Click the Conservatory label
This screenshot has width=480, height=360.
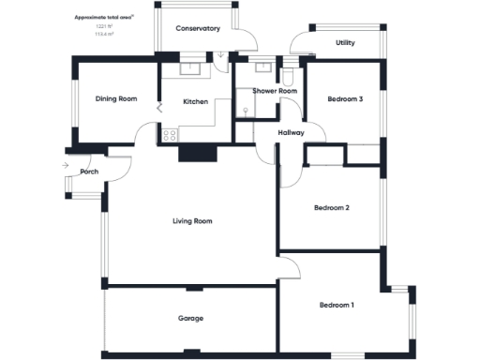click(x=198, y=29)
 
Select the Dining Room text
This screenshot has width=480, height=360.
click(x=116, y=98)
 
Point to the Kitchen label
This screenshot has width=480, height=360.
click(x=195, y=101)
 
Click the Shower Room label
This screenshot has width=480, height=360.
click(x=275, y=91)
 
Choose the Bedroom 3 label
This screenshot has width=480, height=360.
click(x=345, y=99)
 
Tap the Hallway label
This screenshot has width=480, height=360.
click(x=292, y=133)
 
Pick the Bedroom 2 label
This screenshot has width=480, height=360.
click(x=332, y=207)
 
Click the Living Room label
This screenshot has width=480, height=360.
click(x=192, y=221)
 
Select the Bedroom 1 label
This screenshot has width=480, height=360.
click(x=337, y=305)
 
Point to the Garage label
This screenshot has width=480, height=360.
click(x=191, y=319)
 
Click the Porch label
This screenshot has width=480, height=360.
click(x=90, y=172)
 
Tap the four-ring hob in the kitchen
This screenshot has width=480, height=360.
click(x=171, y=135)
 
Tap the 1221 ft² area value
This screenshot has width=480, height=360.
click(x=100, y=26)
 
